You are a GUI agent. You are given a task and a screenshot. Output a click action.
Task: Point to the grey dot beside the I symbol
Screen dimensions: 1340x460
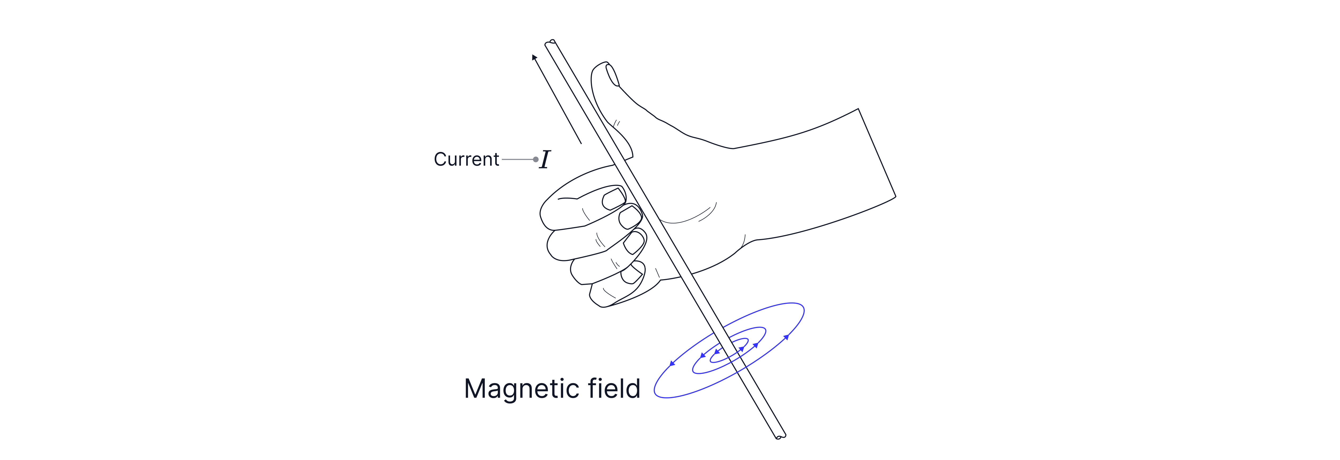(x=536, y=159)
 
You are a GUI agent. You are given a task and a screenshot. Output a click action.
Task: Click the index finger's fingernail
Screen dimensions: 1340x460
(x=614, y=199)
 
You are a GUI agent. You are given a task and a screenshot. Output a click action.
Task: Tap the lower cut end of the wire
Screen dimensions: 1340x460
(x=780, y=436)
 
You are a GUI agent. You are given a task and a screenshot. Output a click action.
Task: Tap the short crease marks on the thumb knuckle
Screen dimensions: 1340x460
(x=617, y=124)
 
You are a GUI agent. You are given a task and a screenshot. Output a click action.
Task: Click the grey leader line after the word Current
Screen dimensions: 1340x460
(x=517, y=159)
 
